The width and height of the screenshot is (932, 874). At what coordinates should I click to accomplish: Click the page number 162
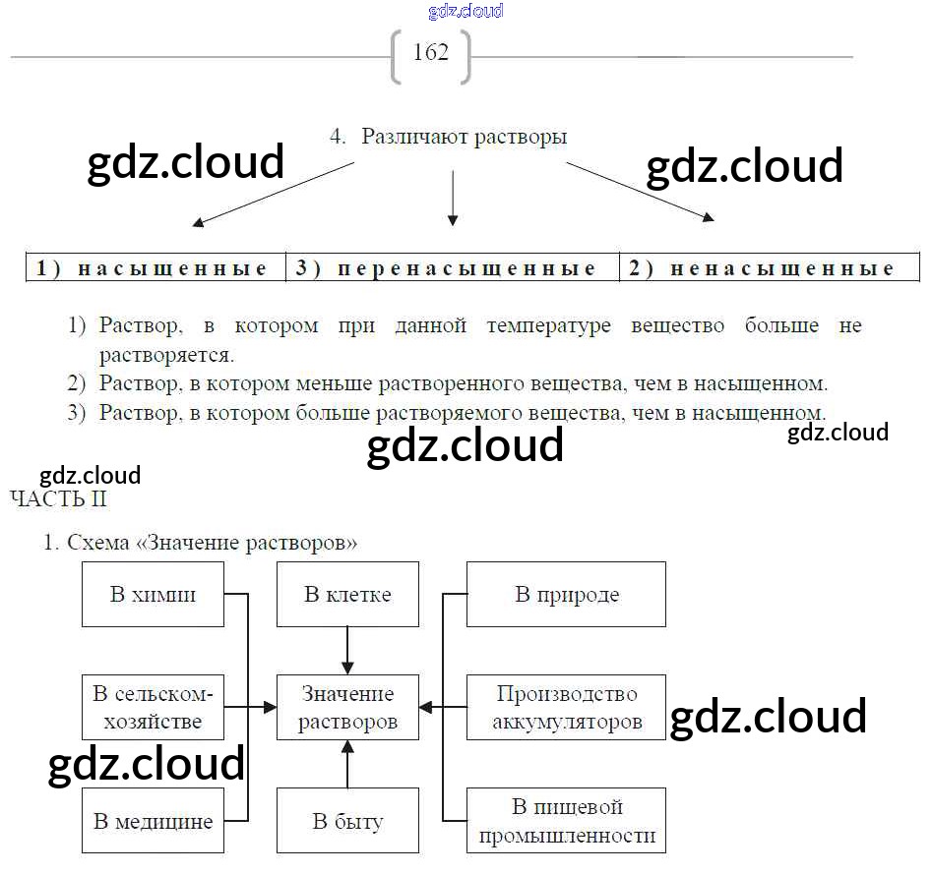tap(431, 53)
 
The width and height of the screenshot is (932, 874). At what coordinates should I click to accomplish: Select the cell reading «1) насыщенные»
tap(155, 268)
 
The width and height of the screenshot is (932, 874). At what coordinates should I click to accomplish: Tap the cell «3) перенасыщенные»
tap(452, 268)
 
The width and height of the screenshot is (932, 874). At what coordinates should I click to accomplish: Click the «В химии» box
tap(153, 595)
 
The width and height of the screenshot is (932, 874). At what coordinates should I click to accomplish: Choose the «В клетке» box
tap(347, 595)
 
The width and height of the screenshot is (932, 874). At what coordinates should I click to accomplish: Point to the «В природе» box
tap(566, 595)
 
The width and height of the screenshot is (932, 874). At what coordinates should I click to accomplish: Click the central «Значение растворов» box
tap(347, 707)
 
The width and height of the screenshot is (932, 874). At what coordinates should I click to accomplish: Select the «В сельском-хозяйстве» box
tap(153, 707)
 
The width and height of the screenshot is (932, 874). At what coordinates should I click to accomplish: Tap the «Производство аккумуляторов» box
tap(566, 707)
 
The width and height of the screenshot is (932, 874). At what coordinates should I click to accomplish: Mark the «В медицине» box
tap(153, 821)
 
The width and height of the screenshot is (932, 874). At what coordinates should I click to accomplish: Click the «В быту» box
tap(347, 821)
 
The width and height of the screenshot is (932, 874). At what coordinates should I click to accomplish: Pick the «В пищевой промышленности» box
tap(566, 821)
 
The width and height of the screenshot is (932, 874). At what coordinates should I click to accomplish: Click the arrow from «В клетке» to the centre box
tap(347, 651)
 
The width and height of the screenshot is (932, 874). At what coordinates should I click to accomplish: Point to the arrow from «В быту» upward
tap(347, 764)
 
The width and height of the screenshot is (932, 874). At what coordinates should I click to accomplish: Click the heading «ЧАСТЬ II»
tap(58, 498)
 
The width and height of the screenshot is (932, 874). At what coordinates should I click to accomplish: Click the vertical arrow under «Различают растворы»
tap(452, 197)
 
